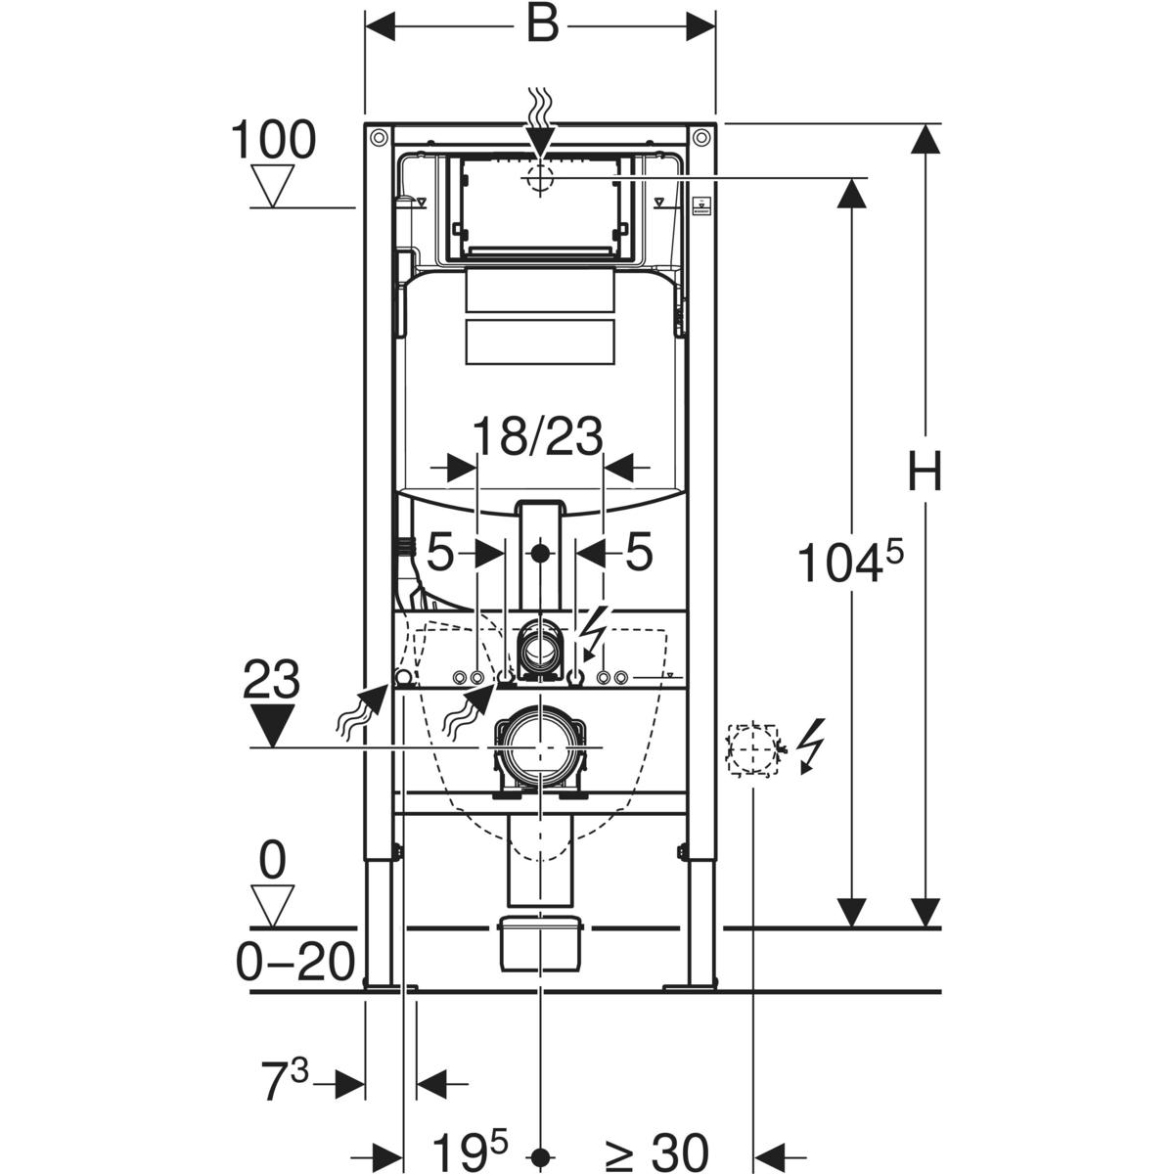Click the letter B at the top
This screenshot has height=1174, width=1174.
pyautogui.click(x=542, y=25)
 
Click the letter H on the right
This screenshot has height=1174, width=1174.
pyautogui.click(x=925, y=473)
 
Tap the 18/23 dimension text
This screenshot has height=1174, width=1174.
pyautogui.click(x=538, y=436)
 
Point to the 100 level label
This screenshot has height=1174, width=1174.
pyautogui.click(x=273, y=140)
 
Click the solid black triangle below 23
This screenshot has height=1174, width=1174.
pyautogui.click(x=272, y=724)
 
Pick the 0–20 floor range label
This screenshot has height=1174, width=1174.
pyautogui.click(x=294, y=964)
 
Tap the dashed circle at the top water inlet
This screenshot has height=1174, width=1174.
pyautogui.click(x=538, y=178)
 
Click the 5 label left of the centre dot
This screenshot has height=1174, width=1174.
pyautogui.click(x=440, y=555)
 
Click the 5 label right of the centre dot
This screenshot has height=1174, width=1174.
pyautogui.click(x=638, y=555)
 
